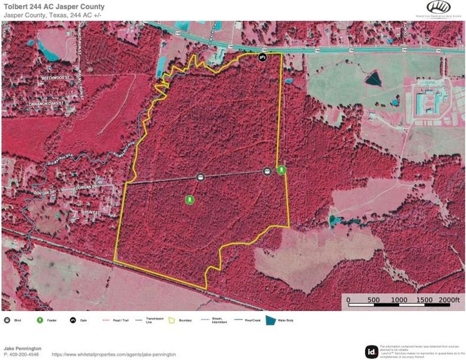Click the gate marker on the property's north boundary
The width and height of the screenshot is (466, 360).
[262, 57]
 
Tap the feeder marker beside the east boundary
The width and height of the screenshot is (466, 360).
[281, 170]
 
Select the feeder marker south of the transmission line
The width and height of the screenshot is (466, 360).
[189, 200]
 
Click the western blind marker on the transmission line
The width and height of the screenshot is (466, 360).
[201, 177]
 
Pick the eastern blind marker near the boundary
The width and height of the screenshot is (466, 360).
[267, 171]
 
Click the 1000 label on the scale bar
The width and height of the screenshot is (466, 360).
[399, 300]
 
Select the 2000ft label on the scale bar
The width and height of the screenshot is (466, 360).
[449, 300]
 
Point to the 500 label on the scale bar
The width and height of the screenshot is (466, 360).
[373, 300]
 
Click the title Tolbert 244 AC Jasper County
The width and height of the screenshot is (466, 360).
[46, 7]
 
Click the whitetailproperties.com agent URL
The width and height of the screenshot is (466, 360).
[114, 354]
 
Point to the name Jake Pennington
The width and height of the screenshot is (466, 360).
[22, 348]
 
